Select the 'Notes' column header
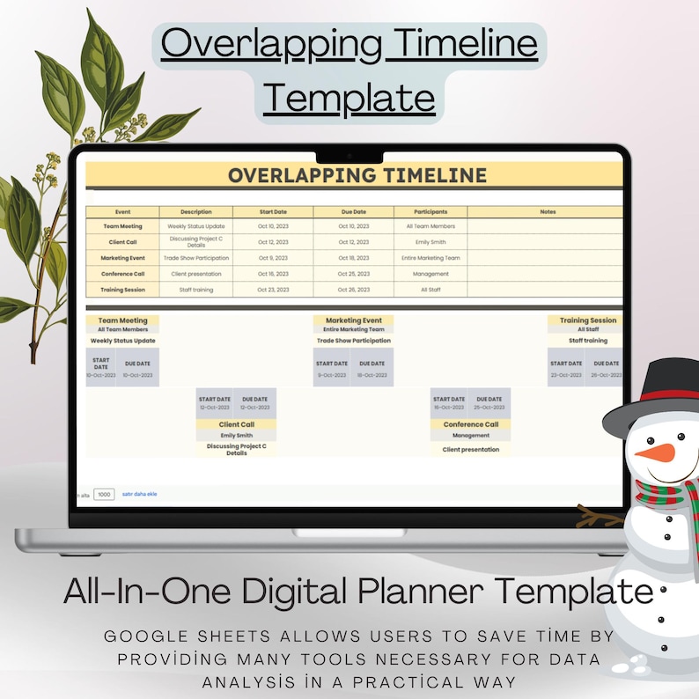pos(547,212)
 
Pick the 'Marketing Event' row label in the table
pos(122,258)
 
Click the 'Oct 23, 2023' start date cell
pos(273,290)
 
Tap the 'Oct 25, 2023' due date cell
pos(353,274)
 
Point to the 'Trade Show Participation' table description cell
pos(195,258)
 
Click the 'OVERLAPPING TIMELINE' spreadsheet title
pos(357,175)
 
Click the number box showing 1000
pos(104,495)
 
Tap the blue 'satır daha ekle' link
pos(140,495)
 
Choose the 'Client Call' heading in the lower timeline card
pos(236,424)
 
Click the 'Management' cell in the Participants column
pos(430,274)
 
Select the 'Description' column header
pos(195,212)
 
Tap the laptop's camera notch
pos(349,155)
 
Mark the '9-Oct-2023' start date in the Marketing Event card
pos(331,375)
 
